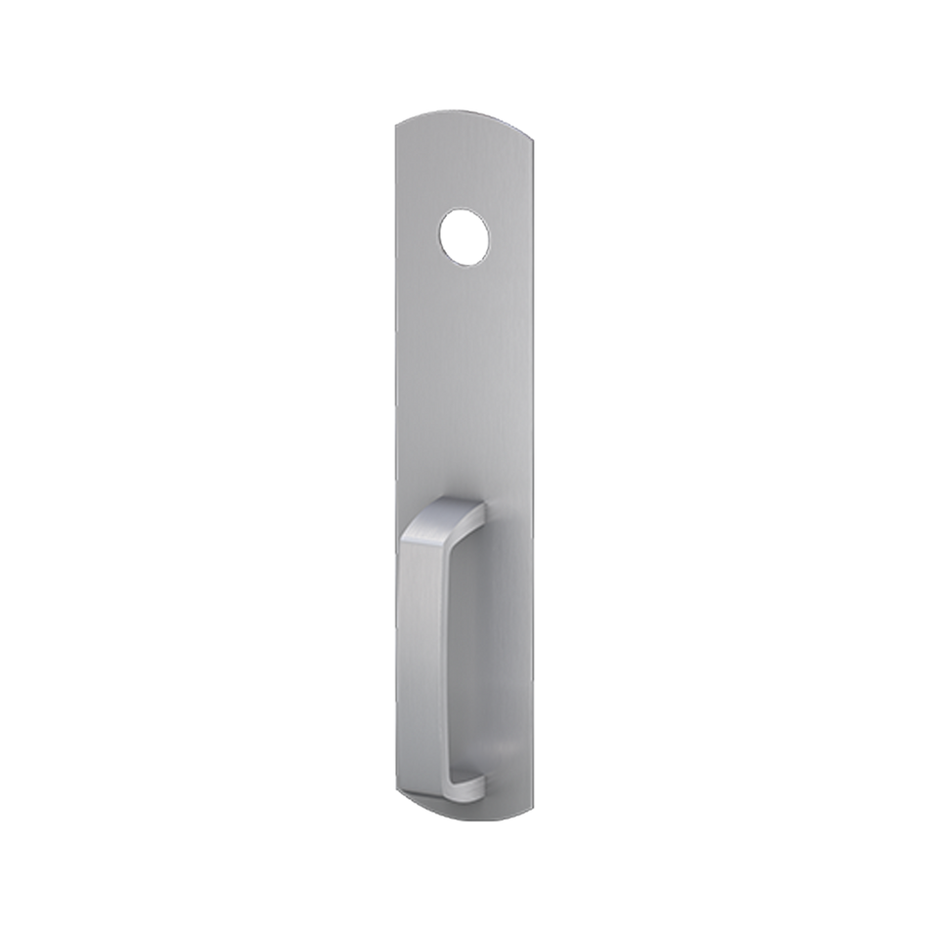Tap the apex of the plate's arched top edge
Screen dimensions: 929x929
[464, 111]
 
